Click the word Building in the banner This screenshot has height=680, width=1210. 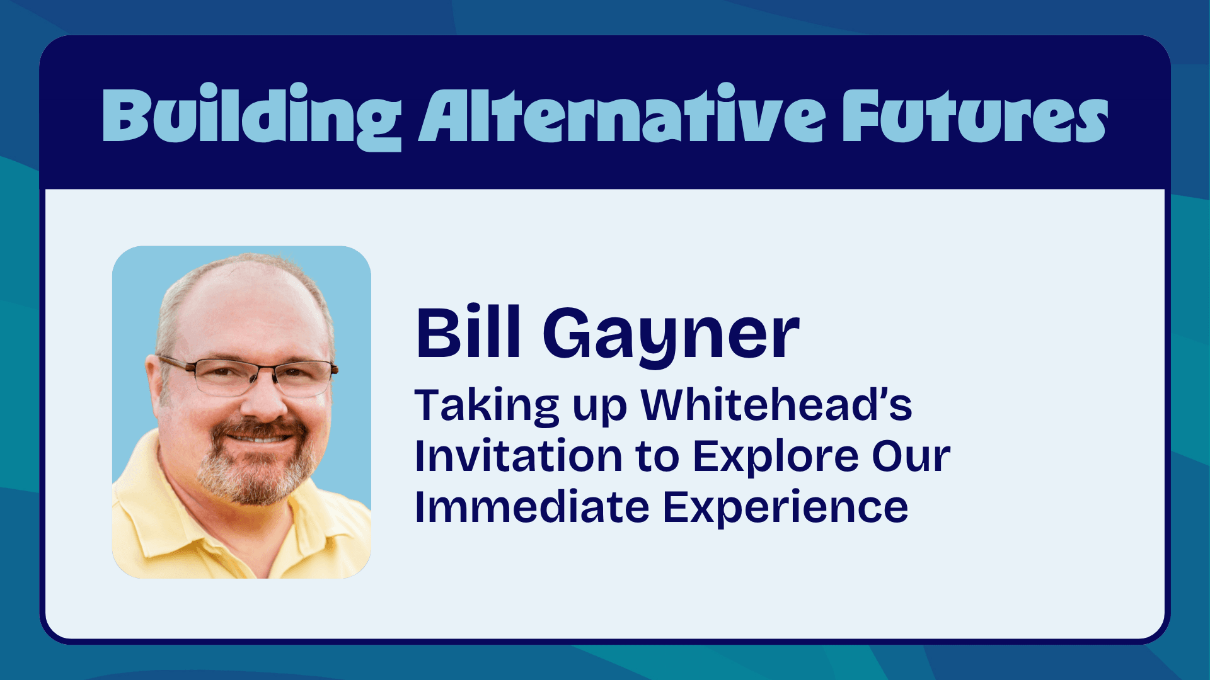(252, 116)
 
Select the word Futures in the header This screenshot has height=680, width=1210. (976, 115)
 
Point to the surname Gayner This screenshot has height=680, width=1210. (671, 337)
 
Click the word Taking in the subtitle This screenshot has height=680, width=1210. (487, 406)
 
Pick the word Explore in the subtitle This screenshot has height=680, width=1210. (776, 457)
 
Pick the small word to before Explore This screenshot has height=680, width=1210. (658, 457)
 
